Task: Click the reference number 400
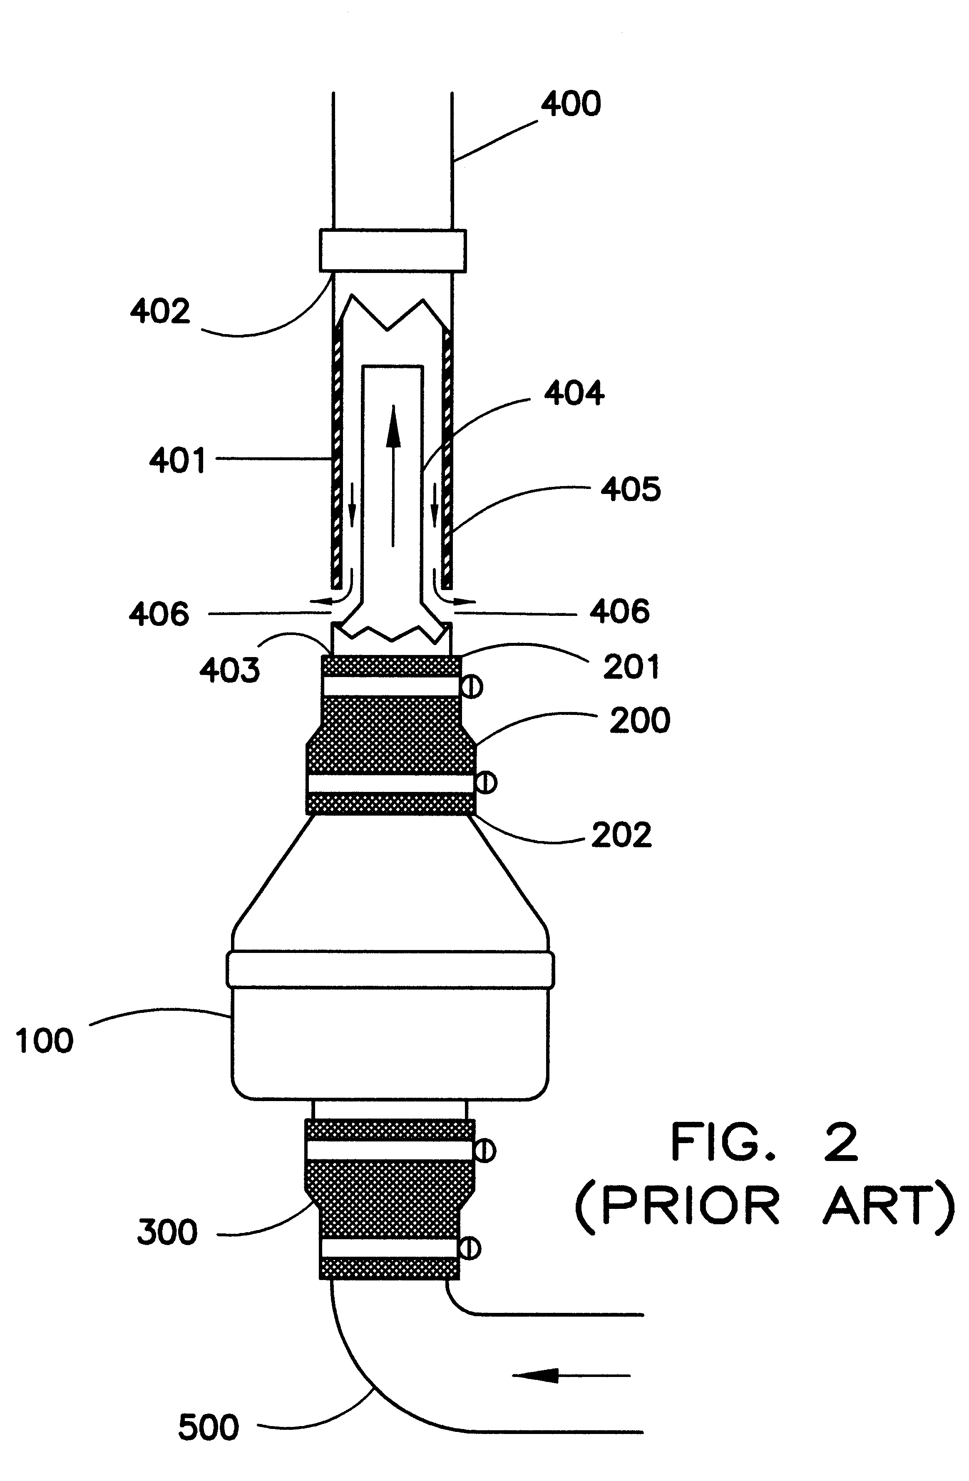[571, 104]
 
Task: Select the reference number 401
[177, 461]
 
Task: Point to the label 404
[574, 393]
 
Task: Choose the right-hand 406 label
[620, 612]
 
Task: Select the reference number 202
[621, 835]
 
